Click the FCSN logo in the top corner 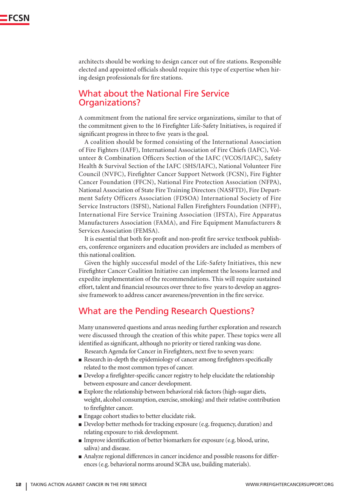(x=15, y=19)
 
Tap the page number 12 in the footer (x=18, y=484)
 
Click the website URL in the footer (x=290, y=484)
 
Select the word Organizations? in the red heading (x=109, y=103)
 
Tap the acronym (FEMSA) (x=146, y=231)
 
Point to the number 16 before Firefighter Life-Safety (x=158, y=126)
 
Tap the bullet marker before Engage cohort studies (x=80, y=416)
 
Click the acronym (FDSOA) (x=186, y=199)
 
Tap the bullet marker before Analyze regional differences (x=80, y=457)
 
